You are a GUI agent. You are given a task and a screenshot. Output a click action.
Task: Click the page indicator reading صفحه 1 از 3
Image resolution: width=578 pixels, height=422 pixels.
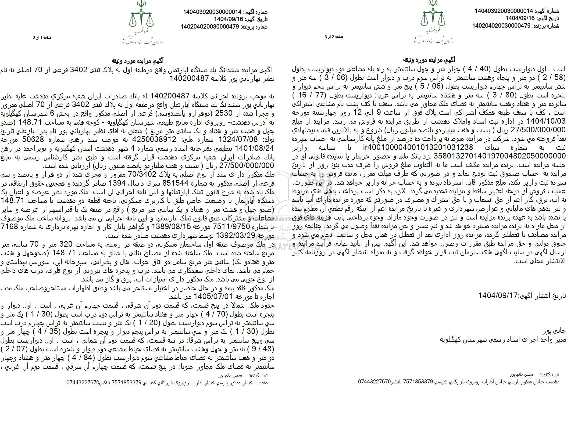click(x=44, y=38)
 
